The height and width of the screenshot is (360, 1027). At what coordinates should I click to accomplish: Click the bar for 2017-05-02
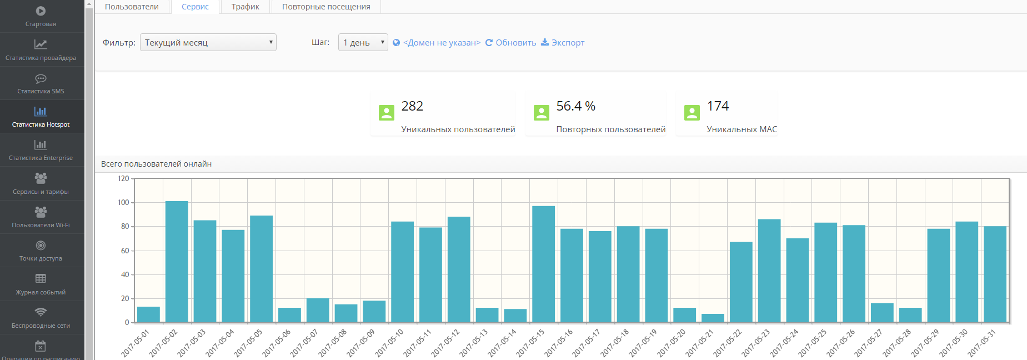(177, 262)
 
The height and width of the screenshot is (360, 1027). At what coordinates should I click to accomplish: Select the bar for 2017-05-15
(543, 264)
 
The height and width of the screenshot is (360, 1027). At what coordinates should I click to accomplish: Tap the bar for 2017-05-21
(713, 318)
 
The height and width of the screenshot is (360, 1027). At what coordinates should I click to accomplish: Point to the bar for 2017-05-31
(995, 274)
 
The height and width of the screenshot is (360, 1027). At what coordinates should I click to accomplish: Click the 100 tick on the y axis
(123, 203)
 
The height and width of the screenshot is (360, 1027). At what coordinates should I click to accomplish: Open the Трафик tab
(245, 7)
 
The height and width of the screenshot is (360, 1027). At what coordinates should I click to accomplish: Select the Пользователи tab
(132, 7)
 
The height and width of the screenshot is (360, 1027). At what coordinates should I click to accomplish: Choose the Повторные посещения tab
(326, 7)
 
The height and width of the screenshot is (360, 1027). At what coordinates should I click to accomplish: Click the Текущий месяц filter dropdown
(208, 43)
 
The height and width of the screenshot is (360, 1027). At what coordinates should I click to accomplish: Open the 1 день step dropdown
(363, 43)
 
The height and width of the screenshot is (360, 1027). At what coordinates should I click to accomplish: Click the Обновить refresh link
(510, 43)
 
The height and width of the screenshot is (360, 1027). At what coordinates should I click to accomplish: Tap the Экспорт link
(563, 43)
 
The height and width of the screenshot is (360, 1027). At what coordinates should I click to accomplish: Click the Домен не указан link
(437, 43)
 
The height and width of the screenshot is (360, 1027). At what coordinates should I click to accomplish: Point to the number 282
(412, 106)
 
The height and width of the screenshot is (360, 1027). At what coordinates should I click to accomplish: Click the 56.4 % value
(575, 106)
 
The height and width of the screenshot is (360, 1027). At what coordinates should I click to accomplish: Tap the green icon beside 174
(692, 113)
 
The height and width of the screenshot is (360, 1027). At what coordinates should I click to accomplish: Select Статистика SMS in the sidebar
(41, 83)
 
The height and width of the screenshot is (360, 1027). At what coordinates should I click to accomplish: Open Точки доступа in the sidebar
(41, 251)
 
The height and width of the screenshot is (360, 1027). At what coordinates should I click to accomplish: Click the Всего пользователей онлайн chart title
(156, 164)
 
